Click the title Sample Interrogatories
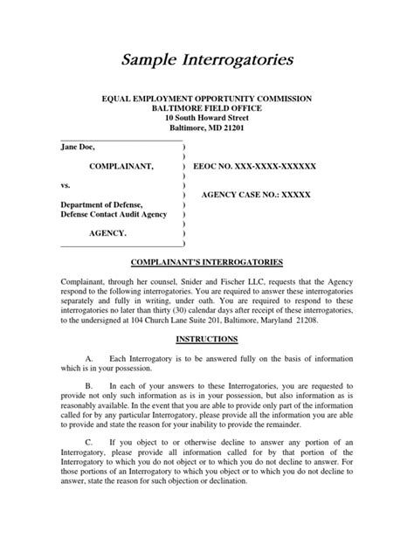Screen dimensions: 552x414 point(206,60)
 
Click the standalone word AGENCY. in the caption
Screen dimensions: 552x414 point(108,235)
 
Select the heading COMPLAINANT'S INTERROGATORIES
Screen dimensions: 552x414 point(206,262)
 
